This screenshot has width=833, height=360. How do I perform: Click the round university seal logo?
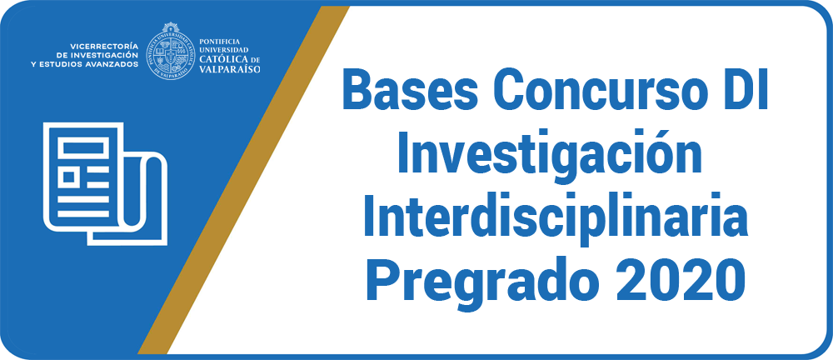coord(170,51)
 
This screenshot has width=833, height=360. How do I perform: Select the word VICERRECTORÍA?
coord(103,46)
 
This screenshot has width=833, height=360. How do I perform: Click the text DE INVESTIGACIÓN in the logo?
coord(97,55)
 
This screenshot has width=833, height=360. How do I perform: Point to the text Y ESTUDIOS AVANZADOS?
coord(85,64)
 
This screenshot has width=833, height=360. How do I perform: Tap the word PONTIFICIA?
coord(219,41)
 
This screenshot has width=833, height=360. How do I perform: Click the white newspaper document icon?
coord(106,184)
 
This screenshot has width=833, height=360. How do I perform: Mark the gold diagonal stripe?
coord(244,180)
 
